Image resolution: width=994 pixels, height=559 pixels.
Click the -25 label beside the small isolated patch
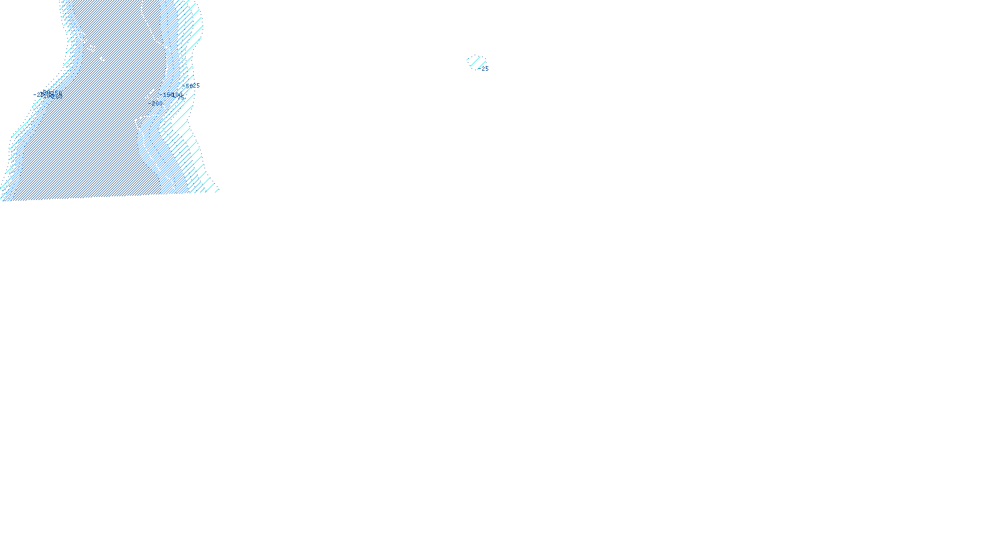tap(485, 69)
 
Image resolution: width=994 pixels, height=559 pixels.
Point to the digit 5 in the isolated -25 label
tap(487, 69)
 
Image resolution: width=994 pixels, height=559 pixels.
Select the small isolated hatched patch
tap(476, 61)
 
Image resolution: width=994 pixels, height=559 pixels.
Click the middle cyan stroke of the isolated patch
tap(476, 61)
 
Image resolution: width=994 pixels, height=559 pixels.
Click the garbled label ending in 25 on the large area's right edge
tap(191, 86)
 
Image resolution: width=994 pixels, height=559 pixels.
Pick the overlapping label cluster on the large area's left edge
tap(48, 94)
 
